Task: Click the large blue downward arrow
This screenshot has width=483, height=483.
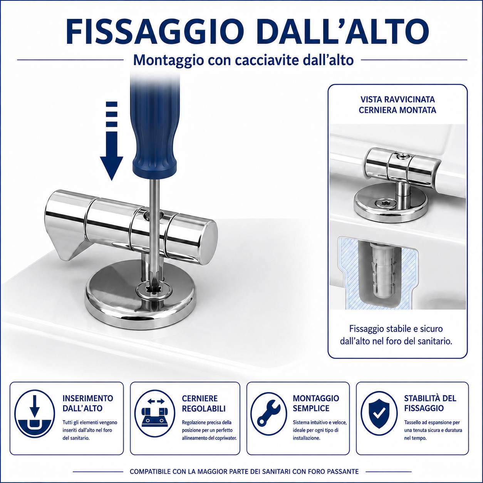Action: click(x=112, y=141)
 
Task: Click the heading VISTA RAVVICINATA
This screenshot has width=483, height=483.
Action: click(x=397, y=99)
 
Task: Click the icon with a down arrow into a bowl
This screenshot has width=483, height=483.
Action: click(x=34, y=416)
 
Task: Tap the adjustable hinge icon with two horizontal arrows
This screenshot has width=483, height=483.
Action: click(x=156, y=416)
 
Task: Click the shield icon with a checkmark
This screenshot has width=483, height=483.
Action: click(x=380, y=416)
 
